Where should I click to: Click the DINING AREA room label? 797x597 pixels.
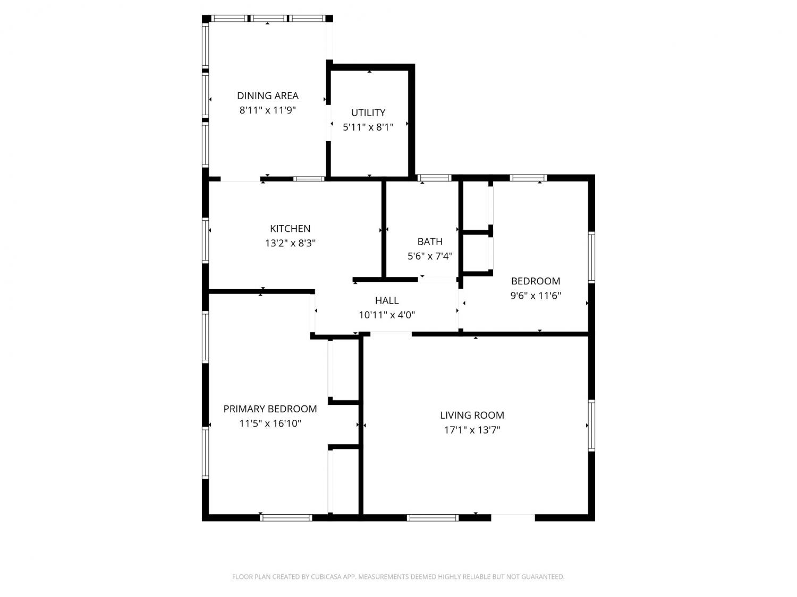tap(268, 96)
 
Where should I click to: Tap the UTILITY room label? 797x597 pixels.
tap(368, 113)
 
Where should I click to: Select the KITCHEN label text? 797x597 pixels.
tap(290, 229)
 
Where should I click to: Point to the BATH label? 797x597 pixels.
tap(430, 241)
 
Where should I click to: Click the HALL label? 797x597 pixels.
tap(387, 300)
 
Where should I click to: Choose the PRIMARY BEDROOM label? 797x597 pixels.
tap(270, 409)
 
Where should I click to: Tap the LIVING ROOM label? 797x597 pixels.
tap(472, 415)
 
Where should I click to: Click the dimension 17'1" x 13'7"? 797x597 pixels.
tap(472, 430)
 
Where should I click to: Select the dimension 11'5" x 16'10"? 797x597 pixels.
tap(270, 423)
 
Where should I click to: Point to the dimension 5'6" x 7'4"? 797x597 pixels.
tap(430, 256)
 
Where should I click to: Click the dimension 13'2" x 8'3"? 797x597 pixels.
tap(290, 243)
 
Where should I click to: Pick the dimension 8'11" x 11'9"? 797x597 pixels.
tap(268, 110)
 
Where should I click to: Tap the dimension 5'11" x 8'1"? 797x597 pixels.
tap(368, 127)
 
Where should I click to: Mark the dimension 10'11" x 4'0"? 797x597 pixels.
tap(387, 315)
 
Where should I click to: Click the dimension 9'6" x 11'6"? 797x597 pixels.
tap(536, 296)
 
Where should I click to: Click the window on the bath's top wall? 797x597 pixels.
tap(434, 178)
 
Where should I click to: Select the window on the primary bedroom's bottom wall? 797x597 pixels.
tap(286, 517)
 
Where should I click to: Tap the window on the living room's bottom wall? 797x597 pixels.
tap(433, 517)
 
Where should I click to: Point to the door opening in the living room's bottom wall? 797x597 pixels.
tap(513, 517)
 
